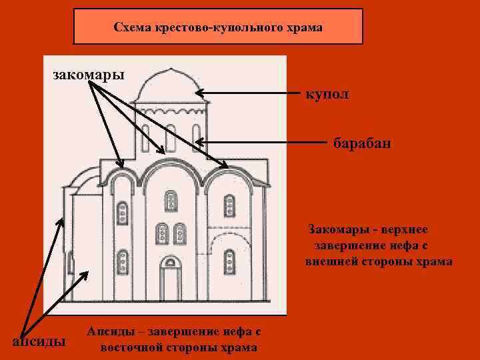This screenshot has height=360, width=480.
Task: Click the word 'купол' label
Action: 327,95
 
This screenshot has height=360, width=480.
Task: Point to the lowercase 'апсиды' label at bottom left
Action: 39,341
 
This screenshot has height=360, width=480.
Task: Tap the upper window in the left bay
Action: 122,213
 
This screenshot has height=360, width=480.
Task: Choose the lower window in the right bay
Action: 229,261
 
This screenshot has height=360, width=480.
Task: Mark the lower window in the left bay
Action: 122,261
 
